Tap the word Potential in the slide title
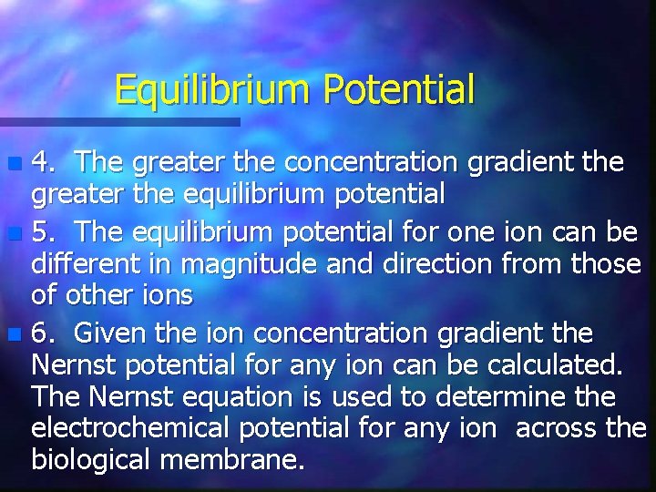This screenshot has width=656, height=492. (x=399, y=90)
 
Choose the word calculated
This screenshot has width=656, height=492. (x=555, y=364)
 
